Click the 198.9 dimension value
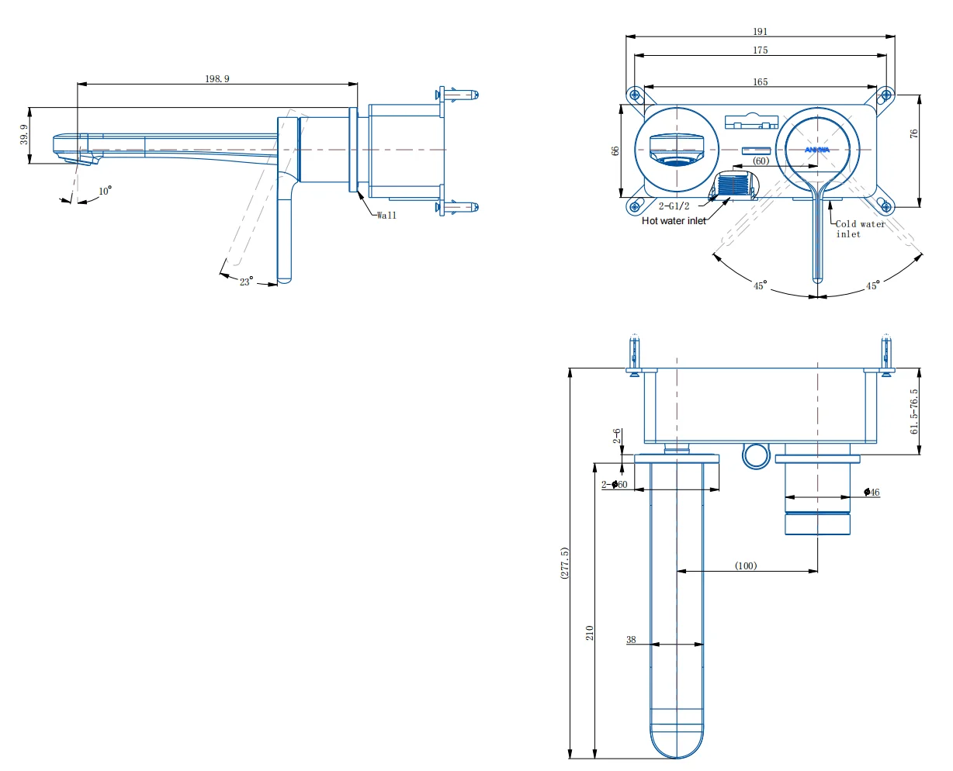coord(217,78)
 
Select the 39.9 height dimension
coord(24,135)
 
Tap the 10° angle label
coord(105,191)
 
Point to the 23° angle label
coord(246,282)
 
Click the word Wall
coord(386,216)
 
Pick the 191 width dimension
coord(760,32)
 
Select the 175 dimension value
coord(760,50)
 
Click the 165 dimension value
coord(760,82)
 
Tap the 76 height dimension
coord(914,133)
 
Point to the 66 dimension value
coord(616,150)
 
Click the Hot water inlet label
coord(674,221)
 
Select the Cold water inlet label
coord(860,229)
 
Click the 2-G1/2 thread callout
coord(674,206)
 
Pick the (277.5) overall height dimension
coord(565,563)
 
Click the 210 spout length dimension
coord(590,632)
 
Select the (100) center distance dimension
coord(746,566)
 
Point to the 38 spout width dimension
coord(631,640)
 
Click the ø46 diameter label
coord(872,493)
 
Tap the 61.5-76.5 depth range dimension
coord(914,411)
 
